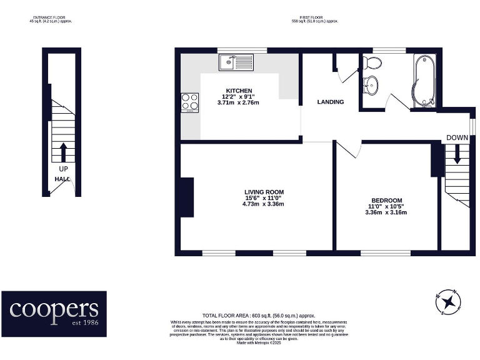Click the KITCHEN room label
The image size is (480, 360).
239,91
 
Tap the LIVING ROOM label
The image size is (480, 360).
264,192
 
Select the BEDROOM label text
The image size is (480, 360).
386,200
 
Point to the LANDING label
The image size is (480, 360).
330,102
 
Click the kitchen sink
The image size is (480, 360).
236,62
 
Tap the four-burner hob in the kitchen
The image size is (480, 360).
190,101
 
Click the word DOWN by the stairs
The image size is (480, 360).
456,137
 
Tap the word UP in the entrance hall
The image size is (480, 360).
63,169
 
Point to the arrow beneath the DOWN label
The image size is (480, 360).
457,154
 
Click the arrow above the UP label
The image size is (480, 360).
63,152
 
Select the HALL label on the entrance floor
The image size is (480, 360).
62,179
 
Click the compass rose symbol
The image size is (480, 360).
448,302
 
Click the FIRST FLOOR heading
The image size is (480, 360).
314,17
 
